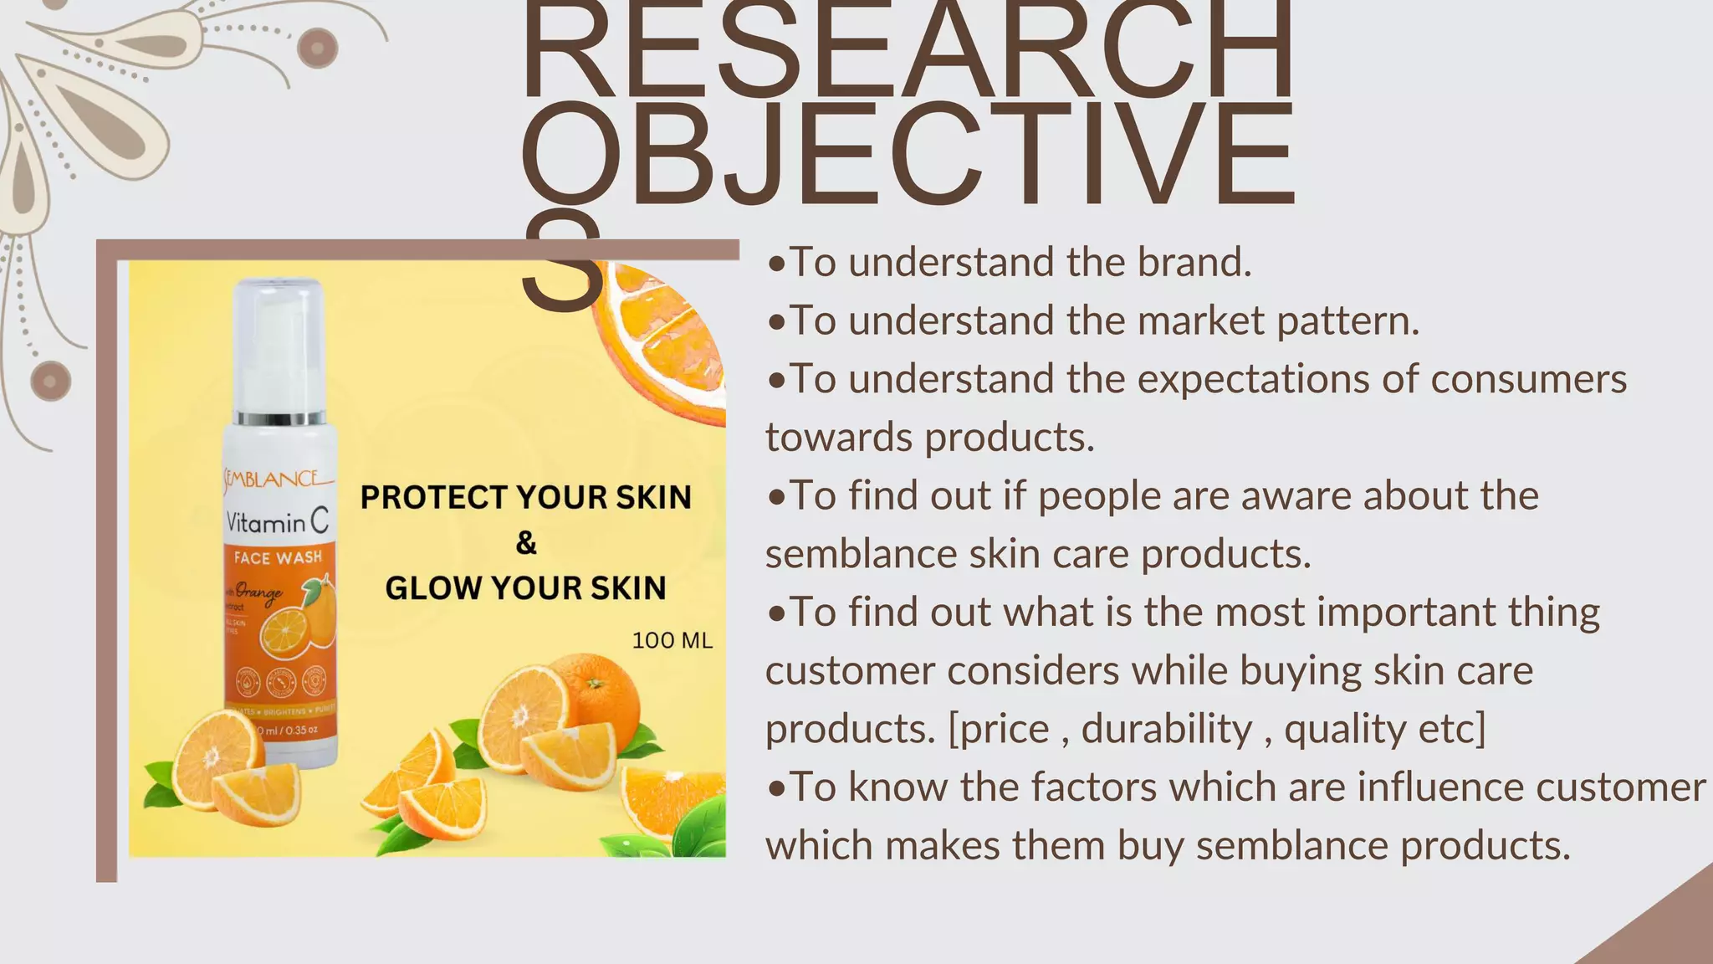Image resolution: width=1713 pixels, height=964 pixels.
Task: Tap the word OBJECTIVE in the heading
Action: tap(908, 156)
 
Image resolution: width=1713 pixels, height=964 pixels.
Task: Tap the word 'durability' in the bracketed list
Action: tap(1166, 729)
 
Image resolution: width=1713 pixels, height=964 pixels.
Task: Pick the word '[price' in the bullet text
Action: tap(999, 729)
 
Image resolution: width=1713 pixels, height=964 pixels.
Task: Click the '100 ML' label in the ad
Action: tap(672, 641)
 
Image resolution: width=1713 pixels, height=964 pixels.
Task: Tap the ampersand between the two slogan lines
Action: tap(526, 543)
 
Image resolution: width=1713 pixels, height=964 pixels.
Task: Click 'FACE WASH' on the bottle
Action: tap(278, 558)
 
